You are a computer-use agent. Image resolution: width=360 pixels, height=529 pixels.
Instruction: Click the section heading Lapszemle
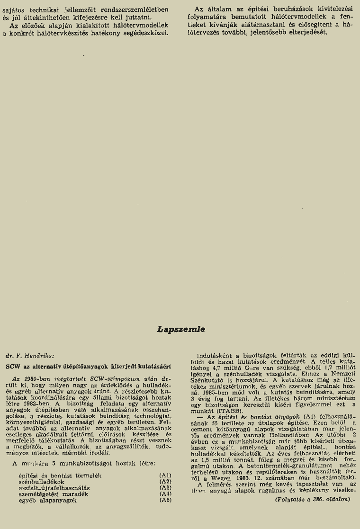(x=181, y=330)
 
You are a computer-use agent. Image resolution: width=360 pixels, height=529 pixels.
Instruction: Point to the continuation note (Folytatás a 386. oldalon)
(x=312, y=500)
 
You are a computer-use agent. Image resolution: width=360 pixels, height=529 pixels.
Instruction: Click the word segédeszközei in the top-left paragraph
(x=147, y=33)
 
